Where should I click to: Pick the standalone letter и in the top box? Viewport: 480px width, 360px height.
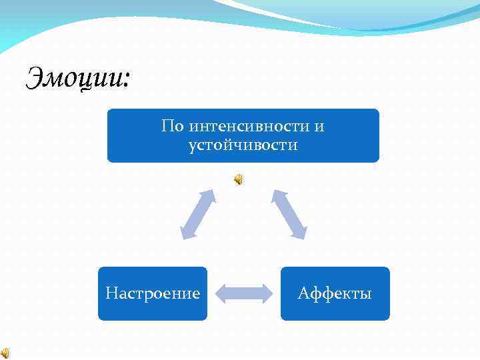click(319, 126)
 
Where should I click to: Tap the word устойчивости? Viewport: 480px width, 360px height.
click(243, 145)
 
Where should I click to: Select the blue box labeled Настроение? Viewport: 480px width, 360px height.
click(153, 293)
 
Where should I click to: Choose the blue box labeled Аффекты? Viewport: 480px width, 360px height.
click(335, 293)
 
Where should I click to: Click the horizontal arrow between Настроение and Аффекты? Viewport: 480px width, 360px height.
click(244, 293)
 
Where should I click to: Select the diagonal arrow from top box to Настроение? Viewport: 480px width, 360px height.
click(198, 213)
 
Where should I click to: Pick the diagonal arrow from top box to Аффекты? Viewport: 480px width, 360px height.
click(289, 213)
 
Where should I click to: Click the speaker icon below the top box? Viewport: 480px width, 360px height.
click(239, 179)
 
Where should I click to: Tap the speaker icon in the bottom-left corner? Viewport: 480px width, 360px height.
click(5, 353)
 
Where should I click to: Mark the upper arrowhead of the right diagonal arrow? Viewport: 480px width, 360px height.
click(276, 194)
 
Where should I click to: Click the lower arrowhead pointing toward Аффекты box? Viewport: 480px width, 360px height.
click(301, 233)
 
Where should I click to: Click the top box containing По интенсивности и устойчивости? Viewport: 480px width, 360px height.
click(243, 135)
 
